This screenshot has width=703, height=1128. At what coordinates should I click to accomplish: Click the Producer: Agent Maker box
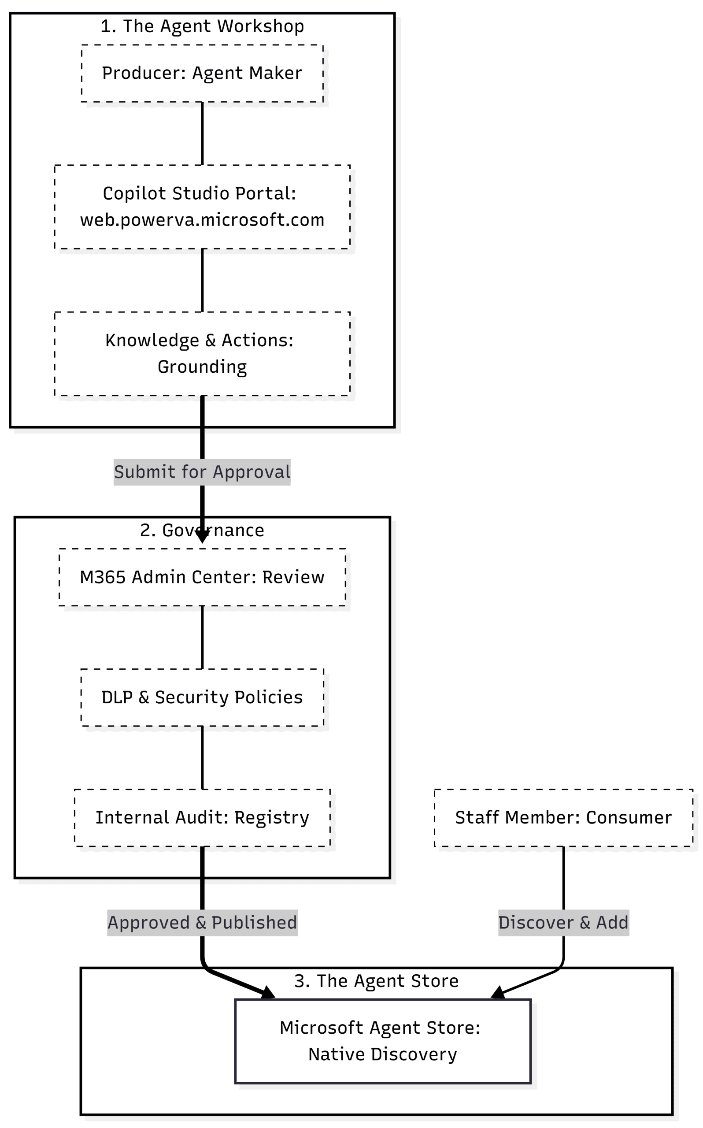coord(202,73)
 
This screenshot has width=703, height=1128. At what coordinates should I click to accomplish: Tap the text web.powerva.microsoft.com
coord(202,220)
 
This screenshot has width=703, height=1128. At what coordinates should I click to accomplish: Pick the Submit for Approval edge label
coord(202,472)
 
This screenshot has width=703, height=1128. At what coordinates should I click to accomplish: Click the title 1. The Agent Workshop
coord(202,26)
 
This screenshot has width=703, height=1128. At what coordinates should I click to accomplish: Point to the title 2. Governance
coord(202,531)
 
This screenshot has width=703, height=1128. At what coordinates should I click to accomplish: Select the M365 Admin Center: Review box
coord(202,577)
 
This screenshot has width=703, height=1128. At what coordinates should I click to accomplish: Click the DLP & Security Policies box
coord(202,698)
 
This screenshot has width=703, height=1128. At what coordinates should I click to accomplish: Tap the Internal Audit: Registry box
coord(202,817)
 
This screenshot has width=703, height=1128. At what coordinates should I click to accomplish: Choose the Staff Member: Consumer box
coord(563,817)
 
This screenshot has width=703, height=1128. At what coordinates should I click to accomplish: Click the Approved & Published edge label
coord(202,923)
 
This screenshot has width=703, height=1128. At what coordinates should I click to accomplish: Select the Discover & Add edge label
coord(563,923)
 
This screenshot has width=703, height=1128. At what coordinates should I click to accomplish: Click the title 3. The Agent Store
coord(376,980)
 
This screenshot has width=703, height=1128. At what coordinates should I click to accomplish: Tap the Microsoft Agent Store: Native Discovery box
coord(382,1041)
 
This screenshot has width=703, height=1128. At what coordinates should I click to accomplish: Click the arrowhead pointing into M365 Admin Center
coord(202,538)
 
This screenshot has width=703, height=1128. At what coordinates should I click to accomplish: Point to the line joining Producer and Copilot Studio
coord(202,133)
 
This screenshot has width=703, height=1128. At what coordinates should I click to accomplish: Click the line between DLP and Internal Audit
coord(202,757)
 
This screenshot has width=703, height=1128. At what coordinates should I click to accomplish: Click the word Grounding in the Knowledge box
coord(202,367)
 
